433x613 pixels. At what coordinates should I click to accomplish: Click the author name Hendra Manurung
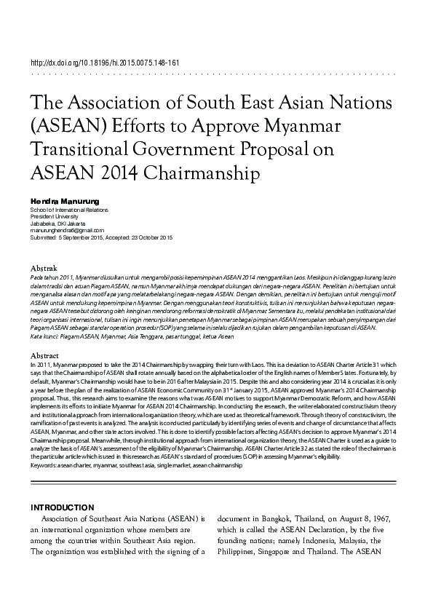63,199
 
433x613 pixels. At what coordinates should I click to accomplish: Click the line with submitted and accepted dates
101,237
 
